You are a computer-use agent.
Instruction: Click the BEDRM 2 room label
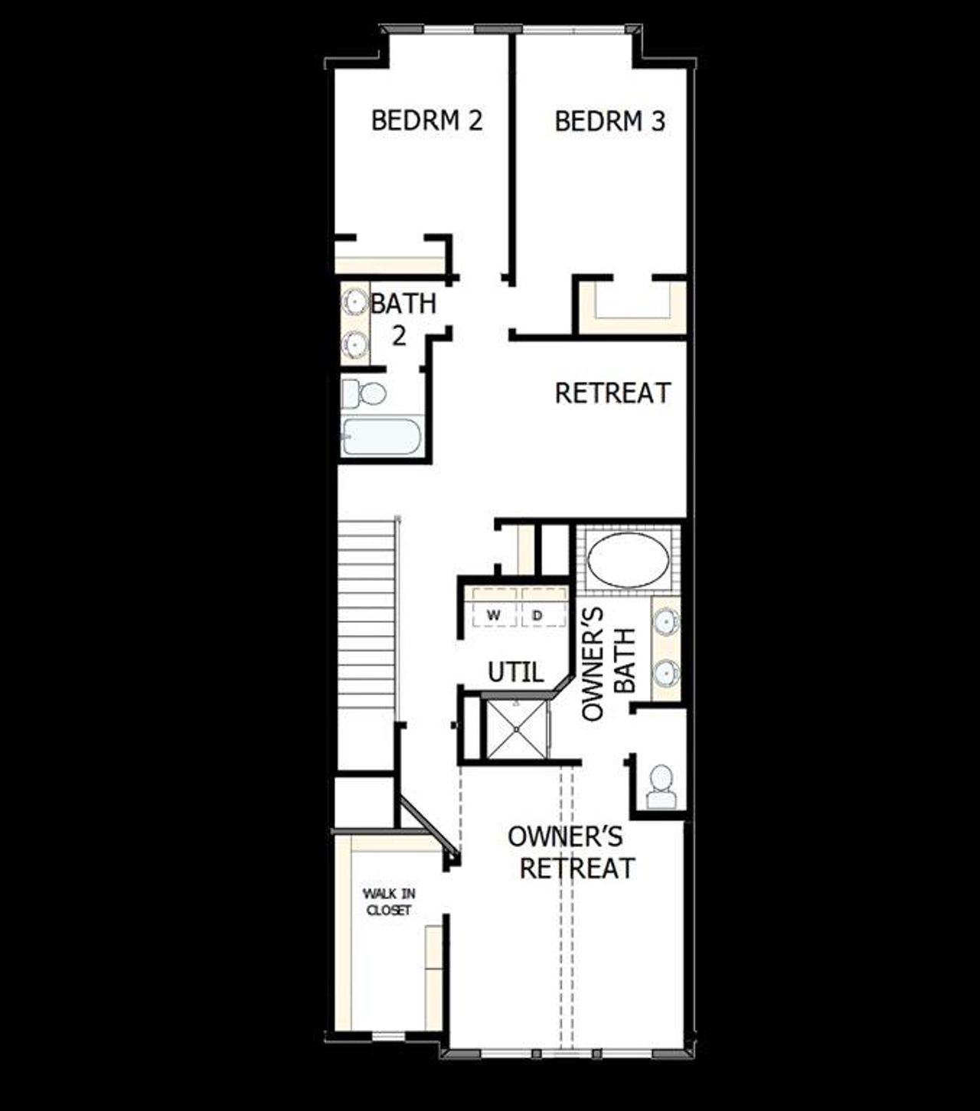tap(426, 121)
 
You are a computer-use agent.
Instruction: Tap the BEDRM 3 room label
tap(609, 122)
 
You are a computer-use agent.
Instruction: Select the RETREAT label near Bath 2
tap(612, 393)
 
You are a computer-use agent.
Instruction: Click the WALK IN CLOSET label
tap(388, 901)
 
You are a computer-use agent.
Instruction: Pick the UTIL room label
tap(516, 673)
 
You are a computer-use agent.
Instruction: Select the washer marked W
tap(494, 615)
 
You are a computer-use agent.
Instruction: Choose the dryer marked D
tap(537, 615)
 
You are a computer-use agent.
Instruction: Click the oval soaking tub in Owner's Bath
tap(628, 561)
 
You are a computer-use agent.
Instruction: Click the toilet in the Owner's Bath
tap(661, 787)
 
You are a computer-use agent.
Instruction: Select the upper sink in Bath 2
tap(354, 302)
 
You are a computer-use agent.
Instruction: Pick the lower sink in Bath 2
tap(354, 344)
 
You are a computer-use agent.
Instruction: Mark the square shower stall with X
tap(518, 728)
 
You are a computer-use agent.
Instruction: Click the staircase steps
tap(367, 612)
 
